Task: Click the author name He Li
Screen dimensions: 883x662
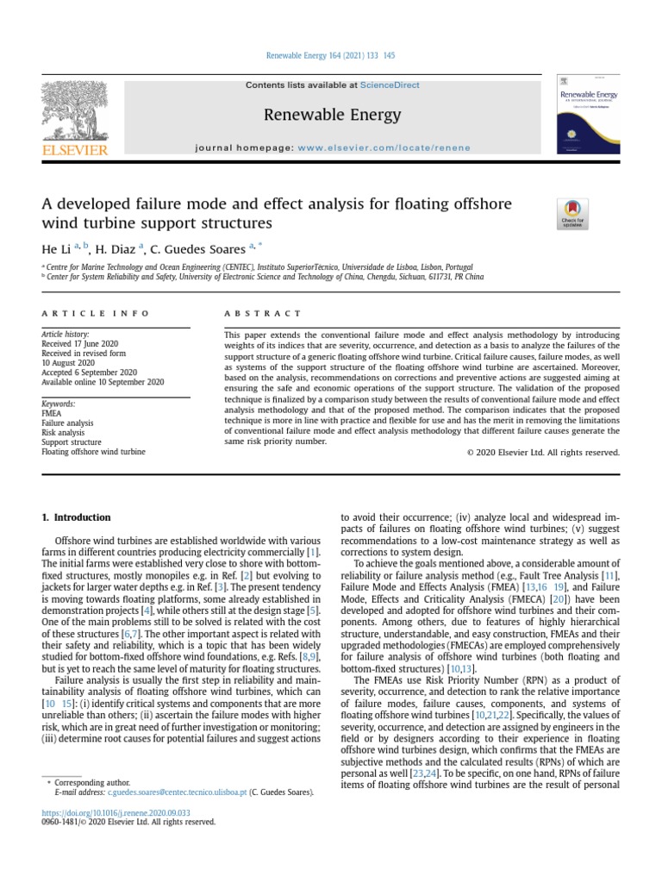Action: pos(57,251)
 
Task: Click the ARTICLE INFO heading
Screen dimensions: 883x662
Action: pos(95,314)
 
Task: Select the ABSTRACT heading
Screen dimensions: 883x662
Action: pos(262,314)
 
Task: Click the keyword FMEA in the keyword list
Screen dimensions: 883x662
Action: pos(53,414)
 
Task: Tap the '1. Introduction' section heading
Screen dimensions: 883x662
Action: pos(77,517)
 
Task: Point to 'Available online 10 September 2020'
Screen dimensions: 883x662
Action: pos(103,382)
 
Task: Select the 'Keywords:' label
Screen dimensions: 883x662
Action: pos(59,404)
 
